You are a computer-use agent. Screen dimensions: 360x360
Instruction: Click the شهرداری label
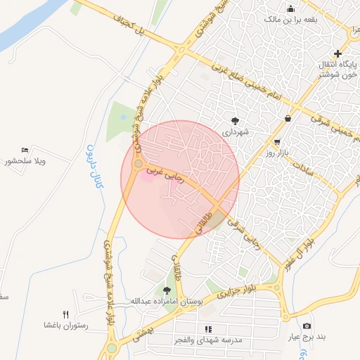(236, 131)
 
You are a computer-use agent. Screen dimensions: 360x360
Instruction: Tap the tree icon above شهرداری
(236, 121)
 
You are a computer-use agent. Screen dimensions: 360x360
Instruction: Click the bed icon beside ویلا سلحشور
(26, 150)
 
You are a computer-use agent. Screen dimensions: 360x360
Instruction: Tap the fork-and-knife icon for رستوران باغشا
(66, 314)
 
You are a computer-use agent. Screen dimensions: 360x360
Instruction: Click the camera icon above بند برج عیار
(307, 326)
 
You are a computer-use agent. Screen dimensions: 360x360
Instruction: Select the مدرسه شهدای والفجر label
(208, 340)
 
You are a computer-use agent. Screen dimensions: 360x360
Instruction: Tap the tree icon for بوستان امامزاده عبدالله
(167, 290)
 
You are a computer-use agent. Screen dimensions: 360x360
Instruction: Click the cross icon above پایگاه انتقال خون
(338, 53)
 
